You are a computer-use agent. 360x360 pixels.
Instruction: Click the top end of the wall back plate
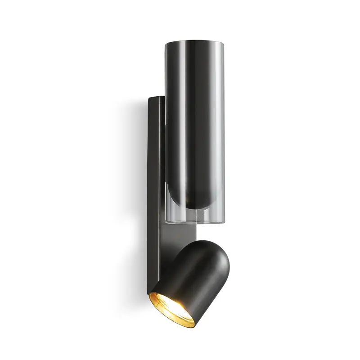[156, 97]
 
